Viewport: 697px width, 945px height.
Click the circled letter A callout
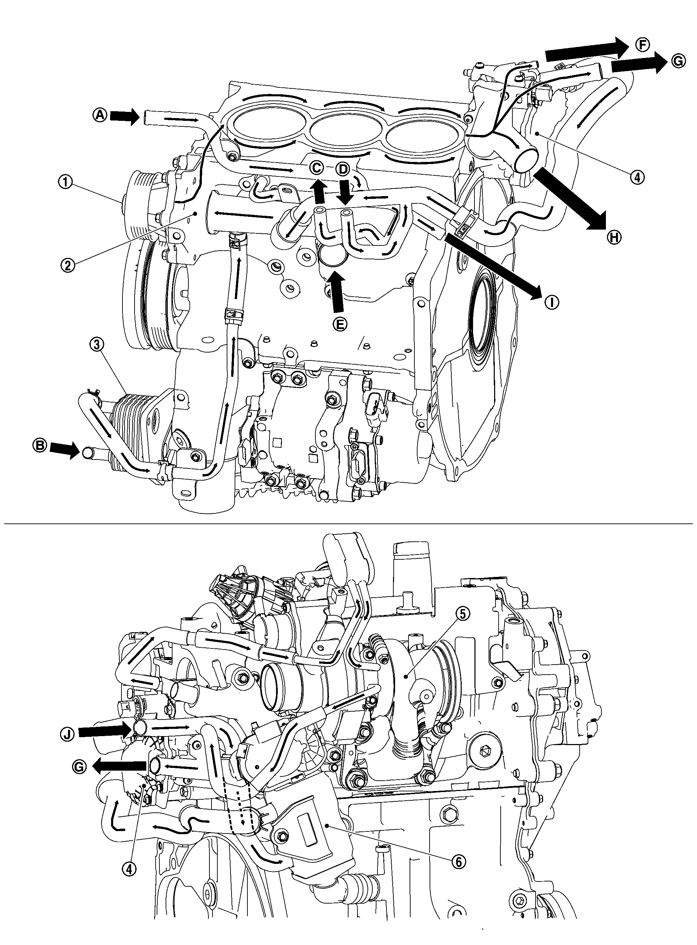tap(100, 115)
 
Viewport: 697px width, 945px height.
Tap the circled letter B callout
tap(40, 446)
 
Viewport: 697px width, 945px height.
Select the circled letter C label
tap(316, 167)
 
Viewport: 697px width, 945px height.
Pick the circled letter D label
tap(343, 170)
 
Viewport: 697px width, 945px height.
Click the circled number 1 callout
tap(66, 183)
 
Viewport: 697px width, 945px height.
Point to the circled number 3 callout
tap(97, 344)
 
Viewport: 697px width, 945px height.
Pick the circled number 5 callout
tap(463, 614)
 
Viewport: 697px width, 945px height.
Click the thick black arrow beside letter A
tap(125, 116)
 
